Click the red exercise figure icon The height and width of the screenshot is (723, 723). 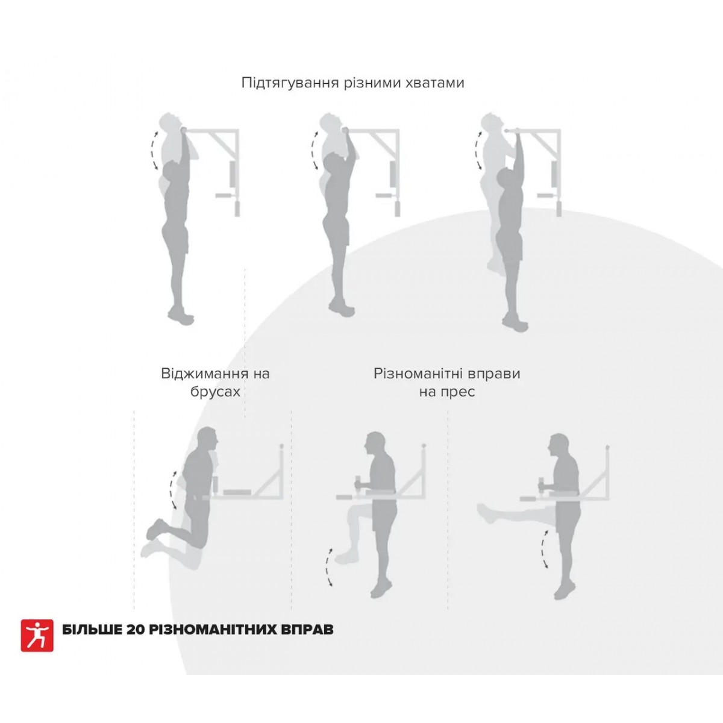[x=37, y=635]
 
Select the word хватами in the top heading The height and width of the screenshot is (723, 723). [x=435, y=83]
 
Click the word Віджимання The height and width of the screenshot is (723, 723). [x=204, y=374]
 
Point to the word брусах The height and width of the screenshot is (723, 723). [x=215, y=392]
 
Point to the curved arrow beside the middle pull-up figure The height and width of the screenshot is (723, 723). [x=313, y=151]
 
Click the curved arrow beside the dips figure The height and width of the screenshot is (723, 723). [x=172, y=489]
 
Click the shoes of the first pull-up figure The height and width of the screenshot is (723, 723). [x=181, y=316]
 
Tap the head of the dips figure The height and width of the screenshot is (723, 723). [x=207, y=438]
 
